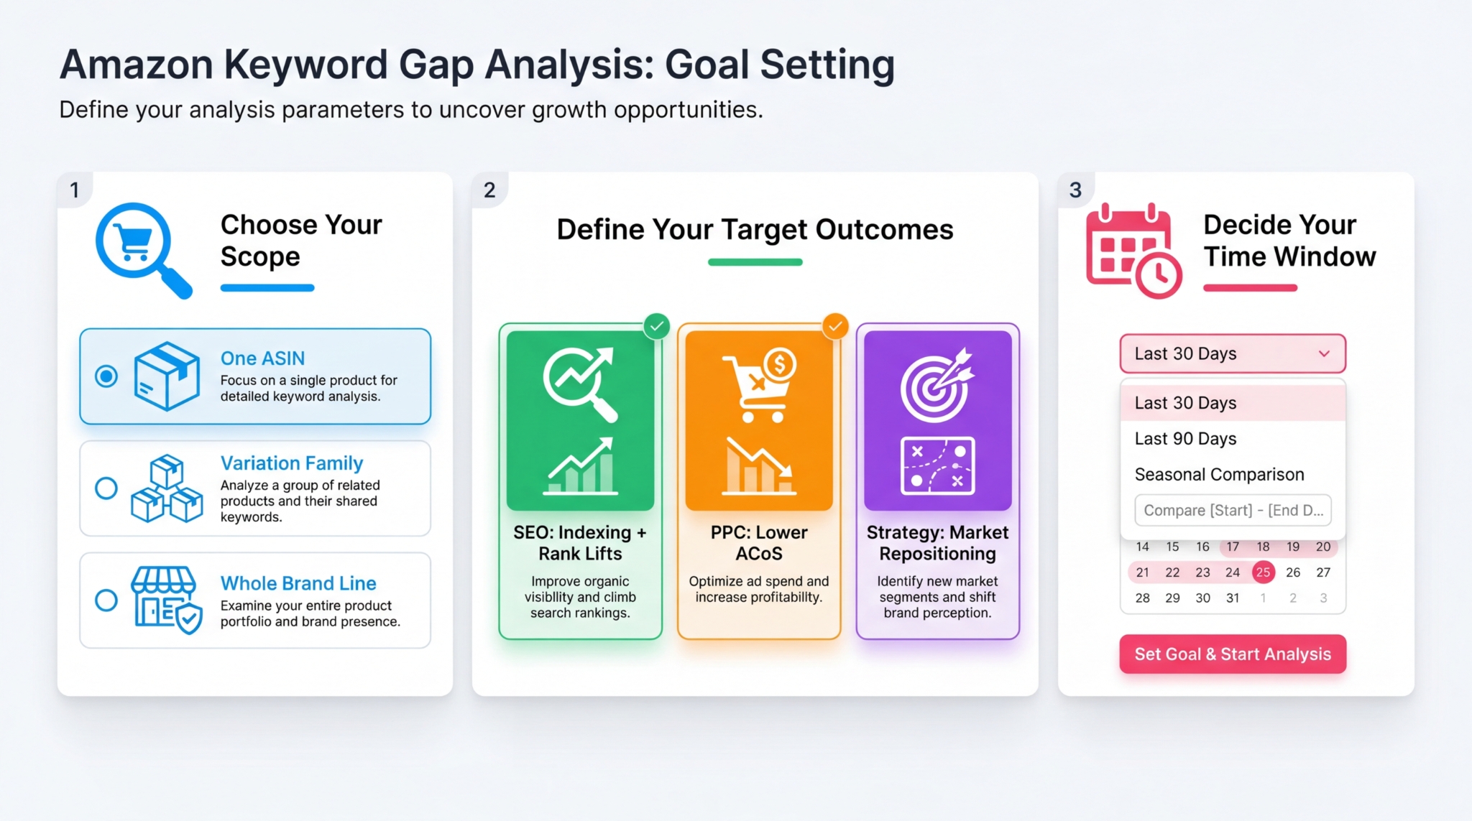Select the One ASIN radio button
pos(106,376)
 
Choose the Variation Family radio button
pos(106,488)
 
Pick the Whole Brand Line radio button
pos(106,600)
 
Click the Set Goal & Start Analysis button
pos(1232,654)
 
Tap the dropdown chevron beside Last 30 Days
pos(1324,353)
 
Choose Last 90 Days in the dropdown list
pos(1185,439)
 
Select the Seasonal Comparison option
pos(1219,475)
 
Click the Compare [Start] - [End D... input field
pos(1233,510)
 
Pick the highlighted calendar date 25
pos(1263,572)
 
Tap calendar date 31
pos(1233,598)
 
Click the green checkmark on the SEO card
pos(656,327)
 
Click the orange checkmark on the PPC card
pos(835,327)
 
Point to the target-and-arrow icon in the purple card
pos(937,386)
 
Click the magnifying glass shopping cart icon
pos(142,249)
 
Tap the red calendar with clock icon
pos(1133,251)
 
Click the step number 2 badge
pos(489,190)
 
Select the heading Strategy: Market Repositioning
pos(937,543)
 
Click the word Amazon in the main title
pos(137,65)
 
